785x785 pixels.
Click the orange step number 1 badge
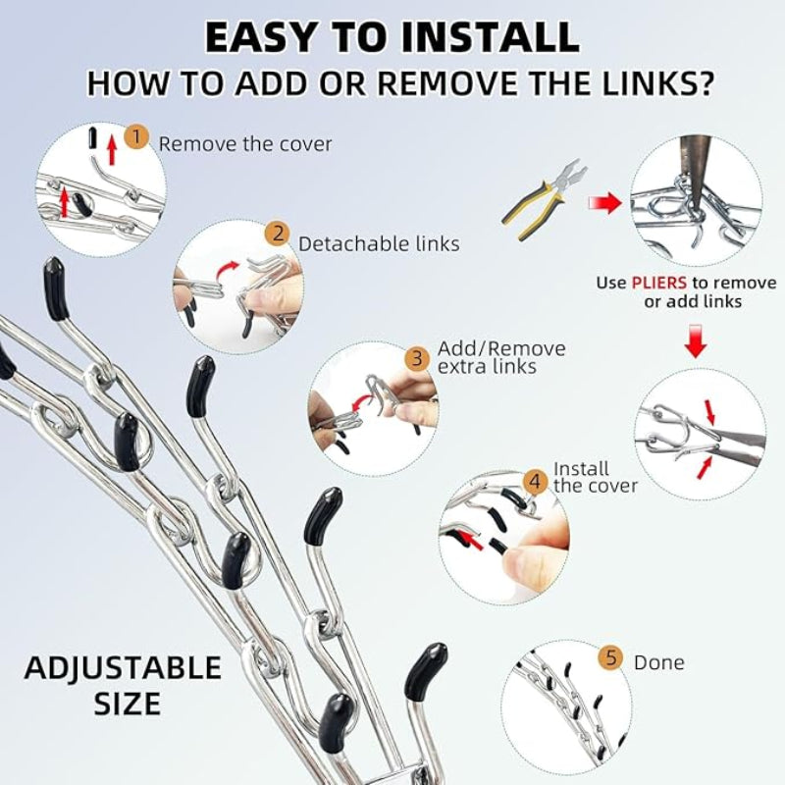point(136,135)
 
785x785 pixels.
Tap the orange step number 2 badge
point(279,234)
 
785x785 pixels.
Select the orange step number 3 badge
point(417,358)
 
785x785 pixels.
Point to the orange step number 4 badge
point(535,482)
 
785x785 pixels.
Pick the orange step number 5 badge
point(611,656)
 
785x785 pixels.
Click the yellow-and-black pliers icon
point(545,199)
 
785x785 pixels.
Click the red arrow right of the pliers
point(605,203)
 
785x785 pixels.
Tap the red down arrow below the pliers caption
point(696,340)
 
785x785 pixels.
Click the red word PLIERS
point(658,283)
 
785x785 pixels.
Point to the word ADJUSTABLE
point(123,668)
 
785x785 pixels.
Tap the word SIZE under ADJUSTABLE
point(128,704)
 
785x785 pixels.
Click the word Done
point(658,663)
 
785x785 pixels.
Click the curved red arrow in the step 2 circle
point(229,270)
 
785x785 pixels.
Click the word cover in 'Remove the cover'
point(305,144)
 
